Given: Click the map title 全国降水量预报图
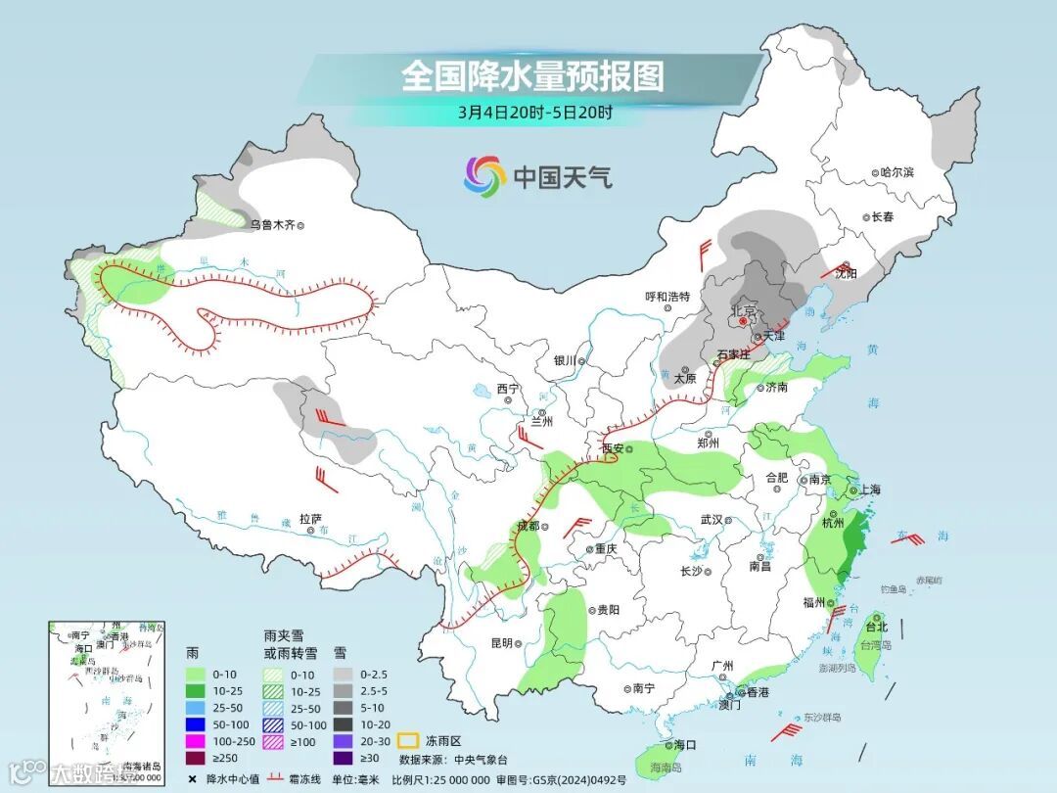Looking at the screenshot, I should click(532, 75).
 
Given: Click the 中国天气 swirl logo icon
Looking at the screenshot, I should click(484, 176).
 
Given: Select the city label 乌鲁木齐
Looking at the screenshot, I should click(271, 224).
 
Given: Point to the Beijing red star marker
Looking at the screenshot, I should click(744, 320).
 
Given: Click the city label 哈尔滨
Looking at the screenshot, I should click(896, 172).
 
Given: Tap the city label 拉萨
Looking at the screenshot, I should click(310, 519).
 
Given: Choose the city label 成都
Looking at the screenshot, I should click(528, 527).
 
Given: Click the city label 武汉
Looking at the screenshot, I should click(712, 520).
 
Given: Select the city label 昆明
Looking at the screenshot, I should click(502, 643).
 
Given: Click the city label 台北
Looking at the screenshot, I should click(876, 627).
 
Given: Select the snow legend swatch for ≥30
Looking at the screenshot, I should click(343, 757).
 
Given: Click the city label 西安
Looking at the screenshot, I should click(613, 447).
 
